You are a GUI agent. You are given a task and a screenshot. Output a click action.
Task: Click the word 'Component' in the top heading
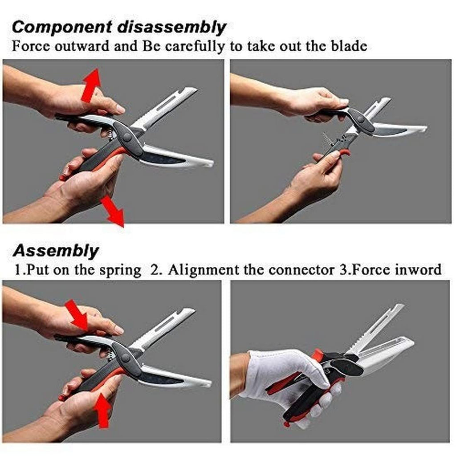click(62, 27)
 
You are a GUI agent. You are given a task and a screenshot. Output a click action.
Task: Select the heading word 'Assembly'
click(56, 251)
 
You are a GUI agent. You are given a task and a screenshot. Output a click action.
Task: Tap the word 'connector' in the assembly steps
click(301, 270)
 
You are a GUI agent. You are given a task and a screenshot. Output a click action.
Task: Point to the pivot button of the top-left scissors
click(127, 137)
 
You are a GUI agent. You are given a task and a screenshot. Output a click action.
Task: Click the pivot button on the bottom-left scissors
click(126, 358)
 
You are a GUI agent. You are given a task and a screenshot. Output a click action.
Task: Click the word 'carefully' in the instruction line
click(195, 47)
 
